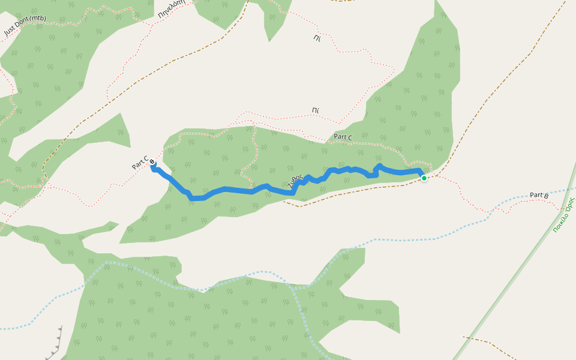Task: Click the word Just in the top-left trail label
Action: click(10, 30)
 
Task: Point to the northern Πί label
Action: click(317, 38)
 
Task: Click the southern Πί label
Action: click(315, 110)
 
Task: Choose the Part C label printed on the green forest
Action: click(343, 137)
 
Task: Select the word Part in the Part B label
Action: click(536, 196)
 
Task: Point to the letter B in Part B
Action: click(546, 195)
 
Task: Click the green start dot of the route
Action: click(424, 178)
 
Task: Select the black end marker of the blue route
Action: click(152, 162)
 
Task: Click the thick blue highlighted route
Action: click(240, 191)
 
